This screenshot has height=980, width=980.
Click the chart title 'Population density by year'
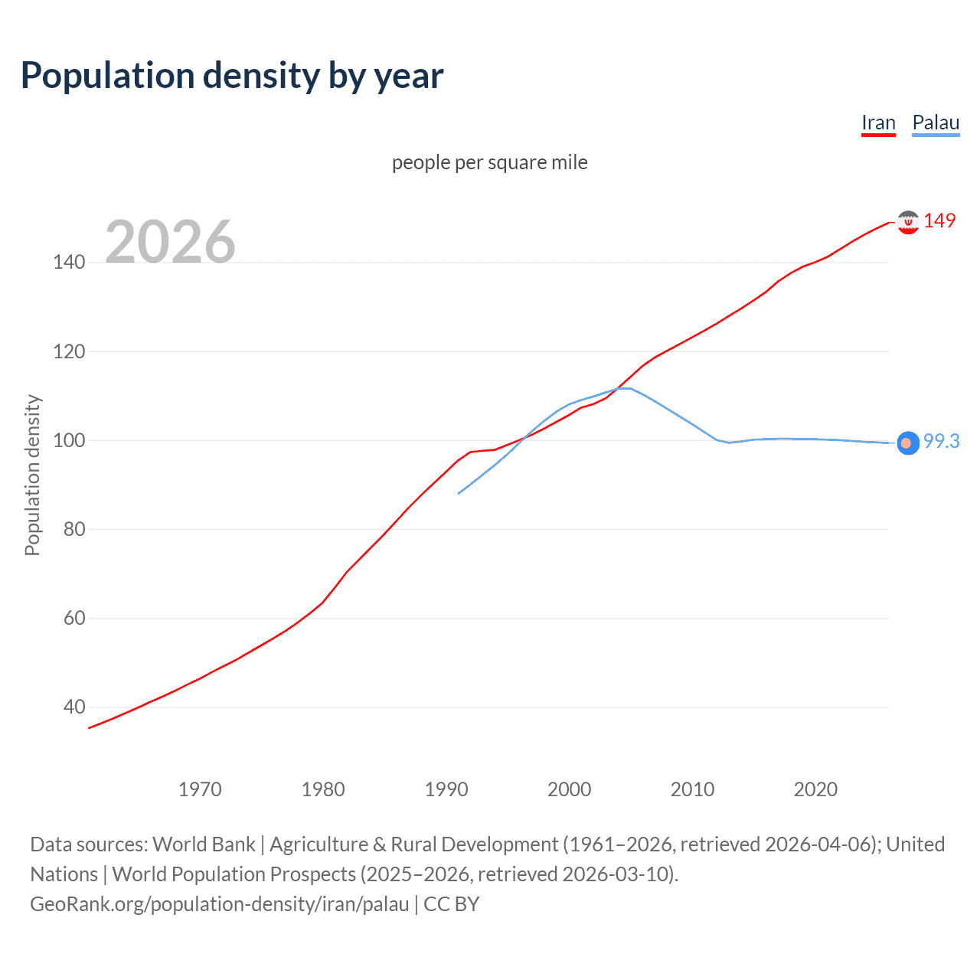tap(232, 76)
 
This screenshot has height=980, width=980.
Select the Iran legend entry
tap(878, 122)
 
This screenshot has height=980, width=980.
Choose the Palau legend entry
tap(936, 122)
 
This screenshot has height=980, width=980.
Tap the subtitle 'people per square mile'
tap(489, 162)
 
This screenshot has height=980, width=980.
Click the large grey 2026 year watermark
tap(170, 242)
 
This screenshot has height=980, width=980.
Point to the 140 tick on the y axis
tap(69, 263)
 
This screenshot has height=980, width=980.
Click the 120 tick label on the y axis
tap(69, 351)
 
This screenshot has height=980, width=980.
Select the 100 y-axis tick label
tap(69, 440)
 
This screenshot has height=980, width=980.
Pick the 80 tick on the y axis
tap(74, 529)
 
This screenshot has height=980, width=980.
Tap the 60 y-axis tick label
tap(74, 618)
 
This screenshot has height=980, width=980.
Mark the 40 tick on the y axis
tap(74, 707)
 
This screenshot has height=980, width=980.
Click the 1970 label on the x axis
tap(200, 789)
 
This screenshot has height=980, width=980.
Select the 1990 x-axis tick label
tap(446, 789)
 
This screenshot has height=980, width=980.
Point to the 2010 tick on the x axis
tap(692, 789)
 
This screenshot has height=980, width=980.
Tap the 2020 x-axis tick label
tap(815, 789)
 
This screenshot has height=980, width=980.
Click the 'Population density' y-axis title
tap(32, 475)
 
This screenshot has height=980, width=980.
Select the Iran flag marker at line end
tap(908, 222)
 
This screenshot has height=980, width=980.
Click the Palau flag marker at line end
tap(907, 443)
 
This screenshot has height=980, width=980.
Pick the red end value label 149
tap(939, 220)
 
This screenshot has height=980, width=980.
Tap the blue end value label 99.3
tap(941, 441)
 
